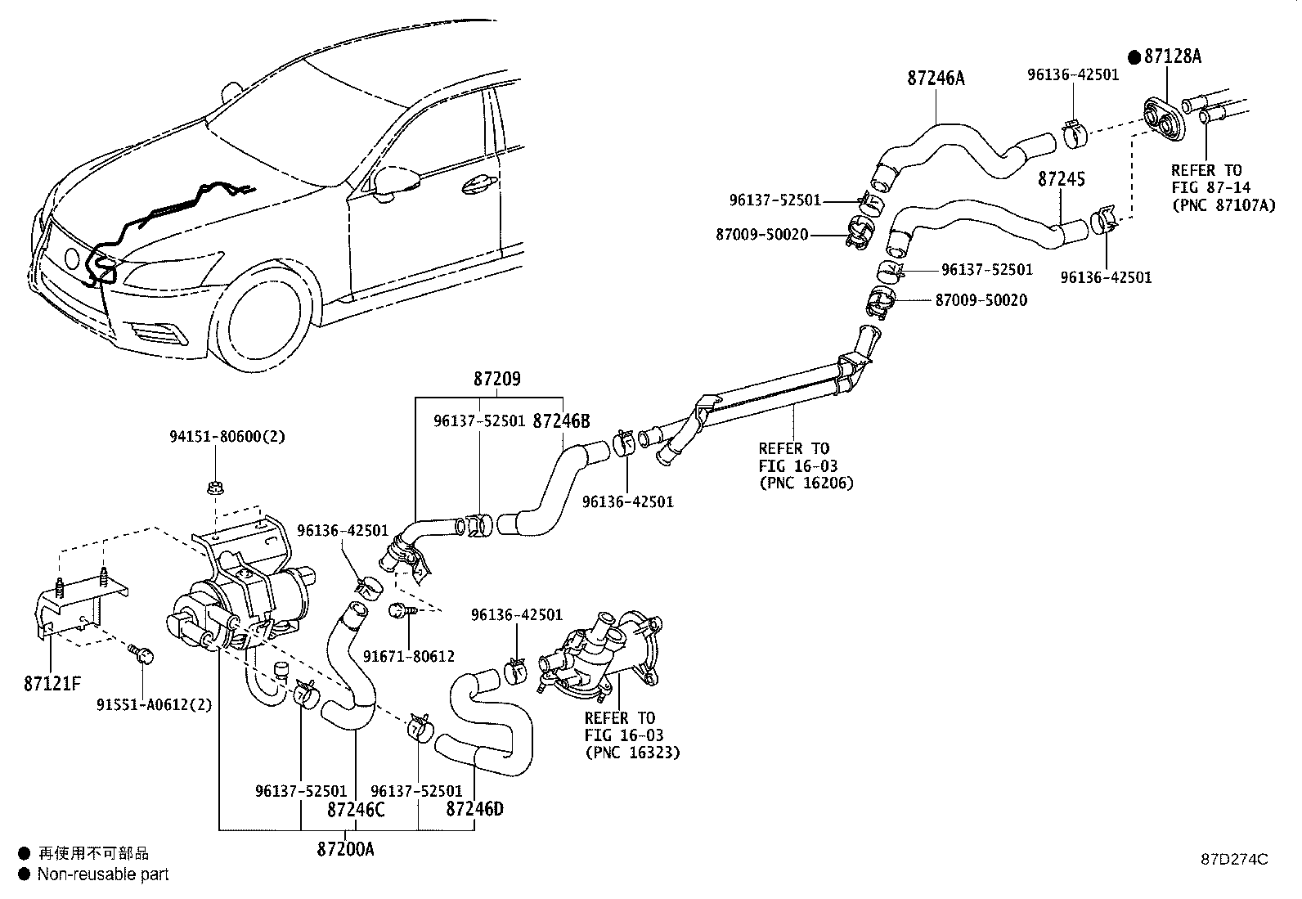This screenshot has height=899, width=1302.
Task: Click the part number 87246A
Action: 936,78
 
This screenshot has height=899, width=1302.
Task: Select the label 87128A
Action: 1173,56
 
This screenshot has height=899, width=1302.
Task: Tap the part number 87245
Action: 1062,179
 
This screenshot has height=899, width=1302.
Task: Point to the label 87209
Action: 497,379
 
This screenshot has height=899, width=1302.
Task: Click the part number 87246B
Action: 562,421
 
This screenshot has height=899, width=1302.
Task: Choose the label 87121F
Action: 52,684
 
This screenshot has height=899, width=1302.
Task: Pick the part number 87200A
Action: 345,850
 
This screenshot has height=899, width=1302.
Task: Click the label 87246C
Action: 356,810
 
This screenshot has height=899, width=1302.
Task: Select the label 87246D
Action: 475,809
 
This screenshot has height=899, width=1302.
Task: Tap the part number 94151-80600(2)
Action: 227,436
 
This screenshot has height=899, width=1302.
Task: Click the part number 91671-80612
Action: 409,657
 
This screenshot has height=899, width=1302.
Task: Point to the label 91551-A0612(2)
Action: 154,705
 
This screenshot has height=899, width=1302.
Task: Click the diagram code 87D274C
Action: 1235,860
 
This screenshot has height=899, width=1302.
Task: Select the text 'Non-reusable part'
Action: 103,874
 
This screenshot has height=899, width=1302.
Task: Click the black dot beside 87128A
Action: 1134,57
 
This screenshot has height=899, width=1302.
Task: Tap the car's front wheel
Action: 266,323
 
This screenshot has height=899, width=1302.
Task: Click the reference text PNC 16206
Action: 806,483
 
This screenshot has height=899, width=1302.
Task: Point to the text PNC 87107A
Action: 1224,205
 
